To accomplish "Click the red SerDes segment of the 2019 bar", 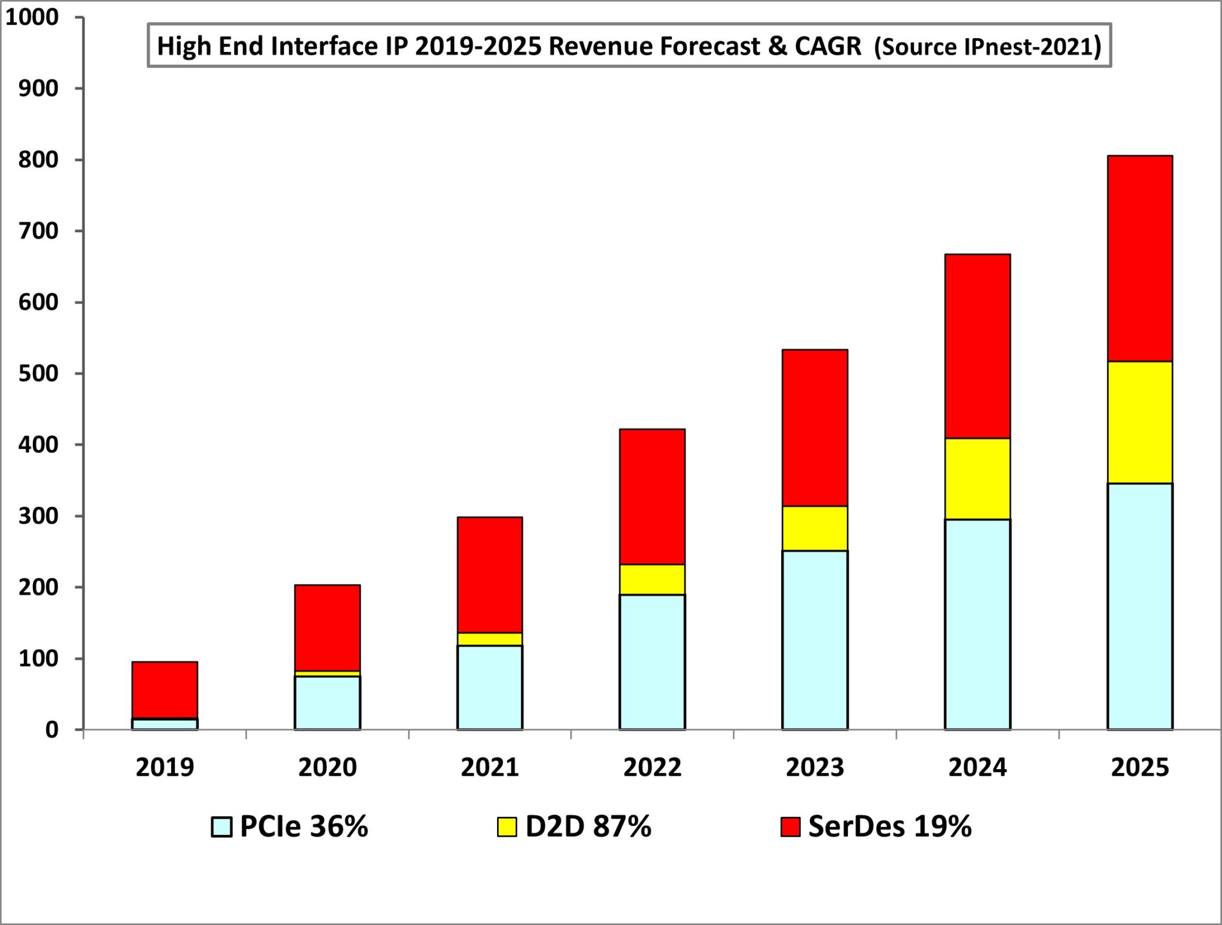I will click(165, 689).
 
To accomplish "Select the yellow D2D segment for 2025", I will click(1140, 422).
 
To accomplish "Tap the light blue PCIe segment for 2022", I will click(652, 661).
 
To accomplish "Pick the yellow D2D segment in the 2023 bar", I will click(814, 528).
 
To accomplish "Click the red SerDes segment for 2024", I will click(977, 346).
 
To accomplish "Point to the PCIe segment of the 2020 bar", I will click(327, 702).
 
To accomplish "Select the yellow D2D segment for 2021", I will click(489, 639).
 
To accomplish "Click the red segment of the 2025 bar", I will click(1140, 258).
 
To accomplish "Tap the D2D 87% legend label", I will click(588, 827).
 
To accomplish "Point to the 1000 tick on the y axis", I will click(32, 17).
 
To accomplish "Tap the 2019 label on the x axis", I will click(165, 767).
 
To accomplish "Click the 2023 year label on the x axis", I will click(814, 767).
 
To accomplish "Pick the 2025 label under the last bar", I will click(1140, 767).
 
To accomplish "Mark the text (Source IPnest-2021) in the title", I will click(988, 47).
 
